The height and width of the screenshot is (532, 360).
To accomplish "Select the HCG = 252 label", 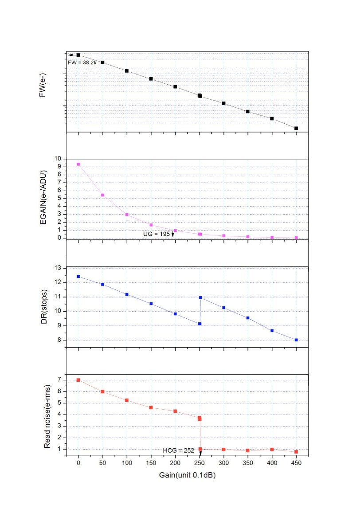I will tap(179, 450).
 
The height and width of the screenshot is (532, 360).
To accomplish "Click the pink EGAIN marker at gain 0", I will tap(78, 164).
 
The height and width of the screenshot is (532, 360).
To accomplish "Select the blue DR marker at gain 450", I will tap(296, 340).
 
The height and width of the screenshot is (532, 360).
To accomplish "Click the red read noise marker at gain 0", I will tap(78, 380).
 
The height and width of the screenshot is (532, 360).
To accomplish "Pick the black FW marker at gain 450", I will tap(296, 128).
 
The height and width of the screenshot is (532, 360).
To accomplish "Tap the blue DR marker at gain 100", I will tap(127, 294).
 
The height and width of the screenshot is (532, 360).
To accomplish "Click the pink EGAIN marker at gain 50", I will tap(102, 195).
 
